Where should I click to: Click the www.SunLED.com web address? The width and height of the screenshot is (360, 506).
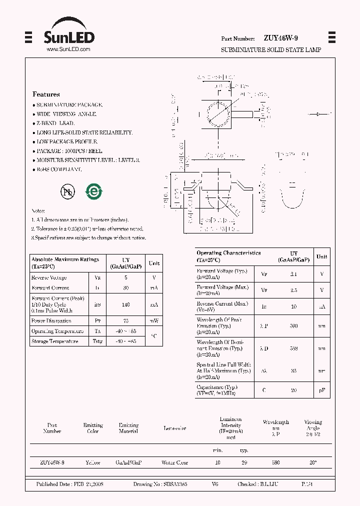[68, 49]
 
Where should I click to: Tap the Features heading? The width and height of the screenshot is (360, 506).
[46, 94]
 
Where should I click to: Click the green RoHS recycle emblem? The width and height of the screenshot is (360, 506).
[93, 191]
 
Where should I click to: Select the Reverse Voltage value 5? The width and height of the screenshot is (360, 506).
[126, 277]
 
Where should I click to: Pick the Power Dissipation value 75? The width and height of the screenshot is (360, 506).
[126, 321]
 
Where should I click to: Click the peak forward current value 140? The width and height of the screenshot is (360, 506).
[126, 304]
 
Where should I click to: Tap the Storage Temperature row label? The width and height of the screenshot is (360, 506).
[54, 341]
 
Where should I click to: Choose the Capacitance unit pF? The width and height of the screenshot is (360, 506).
[322, 390]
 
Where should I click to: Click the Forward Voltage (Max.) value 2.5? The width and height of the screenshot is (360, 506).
[294, 290]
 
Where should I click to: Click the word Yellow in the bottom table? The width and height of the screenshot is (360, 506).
[93, 463]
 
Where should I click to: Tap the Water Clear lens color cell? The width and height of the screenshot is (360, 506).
[174, 463]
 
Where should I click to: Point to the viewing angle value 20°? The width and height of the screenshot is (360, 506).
[313, 463]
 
